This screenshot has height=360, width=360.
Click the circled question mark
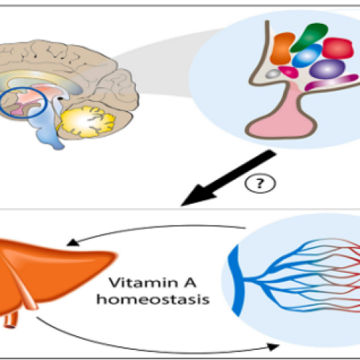[260, 184]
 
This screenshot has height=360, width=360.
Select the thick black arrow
[228, 178]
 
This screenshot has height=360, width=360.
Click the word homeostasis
[153, 300]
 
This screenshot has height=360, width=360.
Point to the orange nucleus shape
[282, 48]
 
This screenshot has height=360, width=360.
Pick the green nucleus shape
[310, 37]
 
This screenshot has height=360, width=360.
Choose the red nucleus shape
[338, 48]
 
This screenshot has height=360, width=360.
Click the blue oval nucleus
[307, 56]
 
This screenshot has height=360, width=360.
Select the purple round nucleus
[328, 69]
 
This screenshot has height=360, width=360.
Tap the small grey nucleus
[273, 73]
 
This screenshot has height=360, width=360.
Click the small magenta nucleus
[289, 71]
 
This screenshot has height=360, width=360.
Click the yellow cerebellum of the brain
[86, 121]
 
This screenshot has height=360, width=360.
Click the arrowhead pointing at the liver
[73, 243]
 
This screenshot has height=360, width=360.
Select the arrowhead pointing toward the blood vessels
[273, 346]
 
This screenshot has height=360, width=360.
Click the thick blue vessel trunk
[235, 279]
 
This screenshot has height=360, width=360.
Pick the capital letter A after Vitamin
[189, 282]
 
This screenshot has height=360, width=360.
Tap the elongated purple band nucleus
[332, 82]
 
